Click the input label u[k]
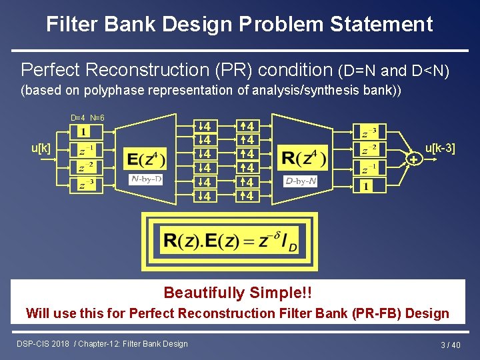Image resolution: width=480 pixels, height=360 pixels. pyautogui.click(x=41, y=147)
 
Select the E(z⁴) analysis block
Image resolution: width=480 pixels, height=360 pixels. pyautogui.click(x=145, y=159)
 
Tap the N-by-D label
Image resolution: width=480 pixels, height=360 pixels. pyautogui.click(x=145, y=179)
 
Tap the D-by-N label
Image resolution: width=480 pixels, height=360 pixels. pyautogui.click(x=301, y=181)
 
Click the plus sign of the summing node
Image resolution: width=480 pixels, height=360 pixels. pyautogui.click(x=414, y=160)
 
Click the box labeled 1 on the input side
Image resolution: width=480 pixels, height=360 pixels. pyautogui.click(x=83, y=131)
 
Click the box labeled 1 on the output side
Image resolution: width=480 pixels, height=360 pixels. pyautogui.click(x=366, y=186)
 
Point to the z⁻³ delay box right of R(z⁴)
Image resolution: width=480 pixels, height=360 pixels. pyautogui.click(x=369, y=131)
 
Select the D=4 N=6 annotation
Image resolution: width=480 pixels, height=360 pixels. pyautogui.click(x=87, y=118)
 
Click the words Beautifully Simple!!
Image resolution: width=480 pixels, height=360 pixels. pyautogui.click(x=238, y=293)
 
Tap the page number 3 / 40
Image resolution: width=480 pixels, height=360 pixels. pyautogui.click(x=451, y=345)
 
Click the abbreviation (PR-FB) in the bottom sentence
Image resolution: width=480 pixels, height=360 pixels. pyautogui.click(x=379, y=313)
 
